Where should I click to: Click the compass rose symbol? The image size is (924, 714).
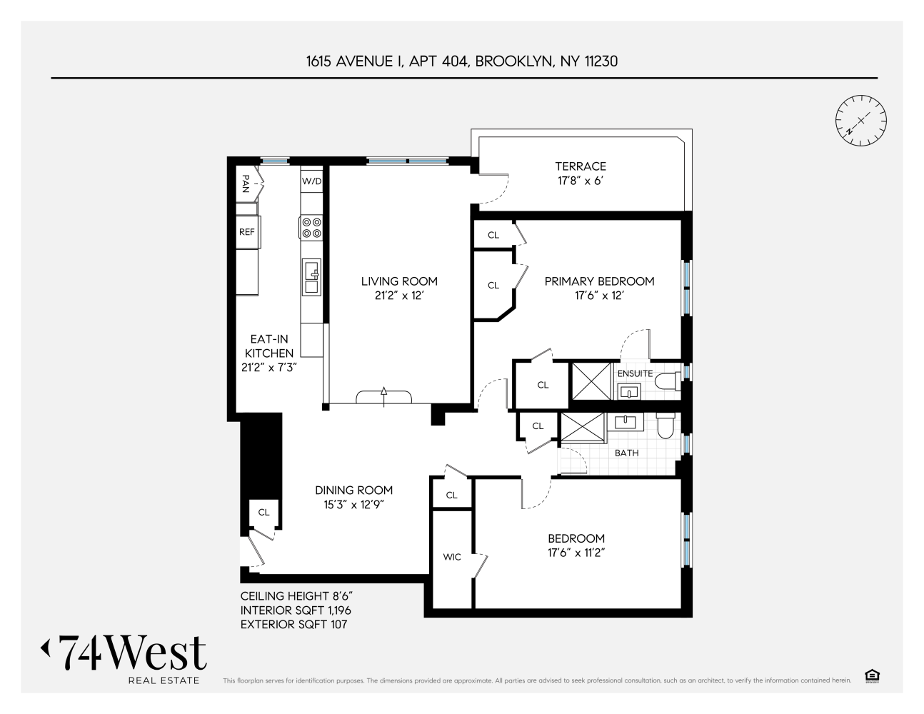860,121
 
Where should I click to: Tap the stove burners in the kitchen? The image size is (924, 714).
311,228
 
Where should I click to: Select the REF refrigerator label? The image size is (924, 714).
246,232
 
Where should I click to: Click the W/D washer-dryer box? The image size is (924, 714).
311,181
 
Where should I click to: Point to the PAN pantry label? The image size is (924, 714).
246,183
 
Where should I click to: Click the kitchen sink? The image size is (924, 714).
311,277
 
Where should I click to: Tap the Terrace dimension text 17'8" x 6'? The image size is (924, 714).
581,181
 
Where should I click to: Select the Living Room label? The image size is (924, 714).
399,281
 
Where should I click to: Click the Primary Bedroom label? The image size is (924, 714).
599,281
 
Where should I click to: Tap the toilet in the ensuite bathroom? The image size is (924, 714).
668,381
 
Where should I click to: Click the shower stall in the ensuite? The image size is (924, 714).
592,381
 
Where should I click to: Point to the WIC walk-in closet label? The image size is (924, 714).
451,557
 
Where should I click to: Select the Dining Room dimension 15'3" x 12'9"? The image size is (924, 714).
353,505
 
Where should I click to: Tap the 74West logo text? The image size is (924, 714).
133,653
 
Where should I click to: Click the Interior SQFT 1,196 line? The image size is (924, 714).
296,610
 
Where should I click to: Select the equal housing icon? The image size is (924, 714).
872,675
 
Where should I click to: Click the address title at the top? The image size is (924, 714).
462,61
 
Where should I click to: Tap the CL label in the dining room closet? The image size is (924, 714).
263,513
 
